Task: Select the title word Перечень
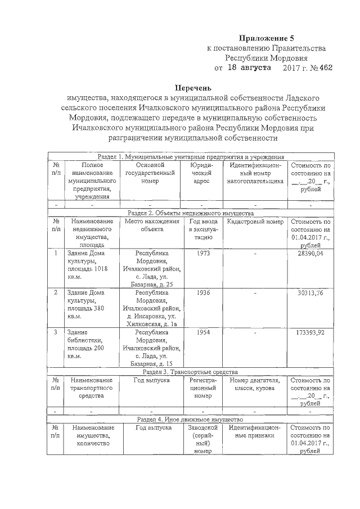[x=192, y=88]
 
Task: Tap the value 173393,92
[x=310, y=332]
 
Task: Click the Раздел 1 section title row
[x=190, y=157]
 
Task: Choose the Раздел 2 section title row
[x=190, y=213]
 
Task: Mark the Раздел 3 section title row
[x=190, y=372]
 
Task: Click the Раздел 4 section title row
[x=190, y=420]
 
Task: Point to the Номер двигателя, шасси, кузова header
[x=255, y=384]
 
